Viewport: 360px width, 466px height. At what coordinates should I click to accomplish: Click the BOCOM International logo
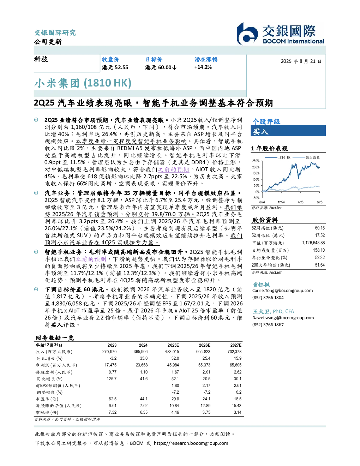[x=281, y=34]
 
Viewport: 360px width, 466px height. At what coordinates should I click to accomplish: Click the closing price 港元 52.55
[x=115, y=67]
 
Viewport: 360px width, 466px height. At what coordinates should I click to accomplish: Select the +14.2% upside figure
[x=203, y=67]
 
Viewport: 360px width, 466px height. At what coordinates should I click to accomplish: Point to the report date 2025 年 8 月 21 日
[x=301, y=61]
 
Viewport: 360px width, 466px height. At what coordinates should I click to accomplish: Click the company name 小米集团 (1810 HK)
[x=83, y=83]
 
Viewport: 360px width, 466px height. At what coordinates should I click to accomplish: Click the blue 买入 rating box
[x=288, y=131]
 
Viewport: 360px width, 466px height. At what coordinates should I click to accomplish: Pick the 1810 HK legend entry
[x=278, y=157]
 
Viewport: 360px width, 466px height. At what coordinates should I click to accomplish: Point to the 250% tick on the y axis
[x=256, y=161]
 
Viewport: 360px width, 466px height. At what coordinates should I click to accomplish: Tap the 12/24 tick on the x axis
[x=281, y=202]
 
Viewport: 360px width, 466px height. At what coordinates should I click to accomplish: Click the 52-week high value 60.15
[x=320, y=228]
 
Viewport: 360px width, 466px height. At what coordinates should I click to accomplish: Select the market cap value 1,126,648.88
[x=313, y=243]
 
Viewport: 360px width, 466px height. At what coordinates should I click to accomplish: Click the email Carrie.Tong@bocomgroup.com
[x=282, y=291]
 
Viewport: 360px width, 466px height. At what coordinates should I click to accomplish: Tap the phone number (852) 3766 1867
[x=268, y=325]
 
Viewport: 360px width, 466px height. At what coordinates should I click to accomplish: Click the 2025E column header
[x=173, y=345]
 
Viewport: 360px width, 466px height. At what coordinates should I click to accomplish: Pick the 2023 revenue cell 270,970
[x=109, y=352]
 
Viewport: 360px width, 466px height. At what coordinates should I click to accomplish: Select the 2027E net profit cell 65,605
[x=235, y=365]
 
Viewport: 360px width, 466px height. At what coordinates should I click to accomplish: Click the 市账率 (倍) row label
[x=47, y=412]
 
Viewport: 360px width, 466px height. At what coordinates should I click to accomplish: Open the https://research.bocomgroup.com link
[x=191, y=443]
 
